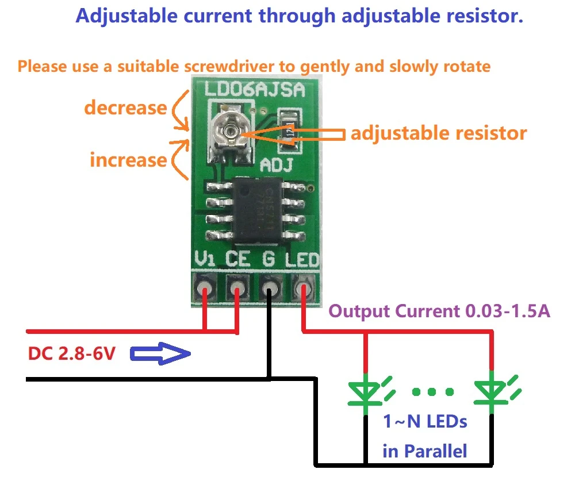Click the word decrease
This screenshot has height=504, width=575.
[126, 107]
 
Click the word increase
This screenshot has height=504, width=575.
[128, 159]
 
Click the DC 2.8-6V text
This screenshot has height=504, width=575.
[72, 353]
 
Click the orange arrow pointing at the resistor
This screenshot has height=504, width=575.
[293, 134]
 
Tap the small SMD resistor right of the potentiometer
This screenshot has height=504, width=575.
[289, 130]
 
